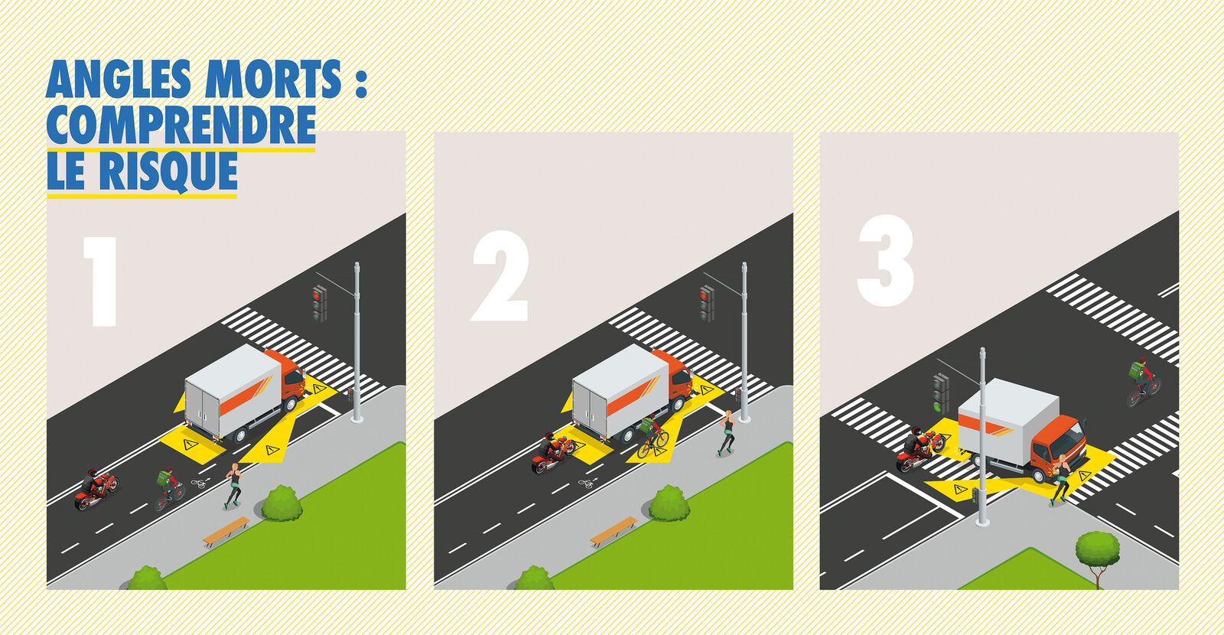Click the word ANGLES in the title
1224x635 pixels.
[x=119, y=80]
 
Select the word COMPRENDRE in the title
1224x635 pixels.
[x=181, y=125]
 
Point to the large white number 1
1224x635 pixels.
[x=100, y=282]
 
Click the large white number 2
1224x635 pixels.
[x=500, y=276]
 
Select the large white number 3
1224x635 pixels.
[x=885, y=260]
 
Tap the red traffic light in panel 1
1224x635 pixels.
[x=320, y=303]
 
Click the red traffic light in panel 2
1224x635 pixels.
[x=707, y=303]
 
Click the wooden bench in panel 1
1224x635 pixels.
[x=226, y=531]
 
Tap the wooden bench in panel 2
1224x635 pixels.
[x=614, y=531]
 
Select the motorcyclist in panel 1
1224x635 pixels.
[x=96, y=489]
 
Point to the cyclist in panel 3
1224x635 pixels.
[x=1143, y=383]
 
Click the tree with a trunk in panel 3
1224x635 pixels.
[x=1097, y=558]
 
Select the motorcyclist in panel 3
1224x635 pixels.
[x=920, y=449]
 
